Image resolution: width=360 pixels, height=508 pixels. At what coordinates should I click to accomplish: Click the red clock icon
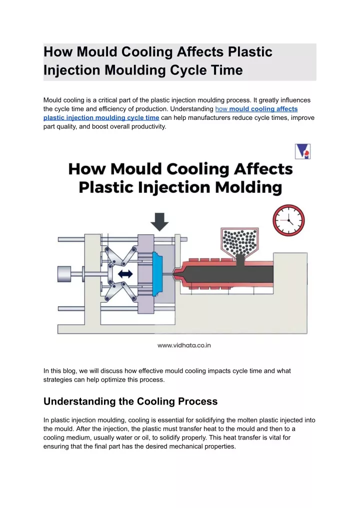click(x=288, y=220)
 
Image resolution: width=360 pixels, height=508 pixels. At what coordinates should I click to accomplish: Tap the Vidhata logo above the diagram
click(x=302, y=151)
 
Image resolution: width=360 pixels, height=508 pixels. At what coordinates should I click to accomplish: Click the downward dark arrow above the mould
click(x=159, y=222)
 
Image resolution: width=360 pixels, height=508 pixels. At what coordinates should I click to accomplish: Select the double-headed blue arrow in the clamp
click(x=125, y=274)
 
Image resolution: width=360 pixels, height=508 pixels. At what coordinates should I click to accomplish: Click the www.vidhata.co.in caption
click(x=184, y=345)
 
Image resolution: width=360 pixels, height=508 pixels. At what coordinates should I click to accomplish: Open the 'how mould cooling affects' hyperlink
click(x=256, y=109)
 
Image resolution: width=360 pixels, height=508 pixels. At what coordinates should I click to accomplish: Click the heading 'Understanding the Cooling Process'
click(x=130, y=402)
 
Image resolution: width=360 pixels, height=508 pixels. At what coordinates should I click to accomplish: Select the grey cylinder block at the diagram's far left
click(x=64, y=274)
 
